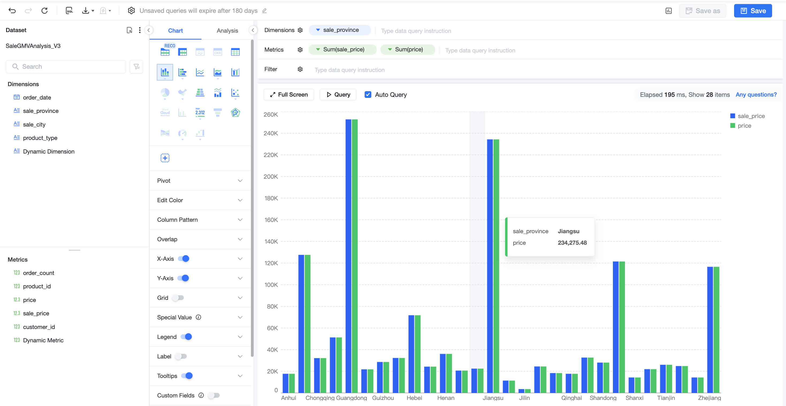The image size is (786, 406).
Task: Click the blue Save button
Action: pyautogui.click(x=753, y=11)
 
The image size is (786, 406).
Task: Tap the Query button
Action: pyautogui.click(x=338, y=95)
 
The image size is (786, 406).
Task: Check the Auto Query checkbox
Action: pyautogui.click(x=368, y=95)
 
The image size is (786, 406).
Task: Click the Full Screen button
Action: pyautogui.click(x=289, y=95)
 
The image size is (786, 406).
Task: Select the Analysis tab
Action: pyautogui.click(x=227, y=30)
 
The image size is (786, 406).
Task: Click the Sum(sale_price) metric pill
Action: pyautogui.click(x=343, y=49)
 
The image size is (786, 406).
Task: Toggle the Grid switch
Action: pyautogui.click(x=178, y=298)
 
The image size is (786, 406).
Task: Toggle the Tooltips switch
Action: pyautogui.click(x=187, y=376)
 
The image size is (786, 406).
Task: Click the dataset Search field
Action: pyautogui.click(x=66, y=67)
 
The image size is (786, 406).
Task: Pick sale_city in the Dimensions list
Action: pyautogui.click(x=34, y=124)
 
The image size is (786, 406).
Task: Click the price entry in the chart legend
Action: pyautogui.click(x=741, y=126)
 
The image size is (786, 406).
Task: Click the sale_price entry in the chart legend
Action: pyautogui.click(x=747, y=116)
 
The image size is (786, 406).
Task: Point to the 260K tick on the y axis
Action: pyautogui.click(x=271, y=114)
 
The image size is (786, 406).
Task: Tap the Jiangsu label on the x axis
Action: pyautogui.click(x=493, y=398)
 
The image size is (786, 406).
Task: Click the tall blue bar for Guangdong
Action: pyautogui.click(x=348, y=256)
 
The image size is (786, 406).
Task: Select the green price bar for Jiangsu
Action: pyautogui.click(x=496, y=266)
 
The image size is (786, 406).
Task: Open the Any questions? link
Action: pyautogui.click(x=756, y=95)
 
